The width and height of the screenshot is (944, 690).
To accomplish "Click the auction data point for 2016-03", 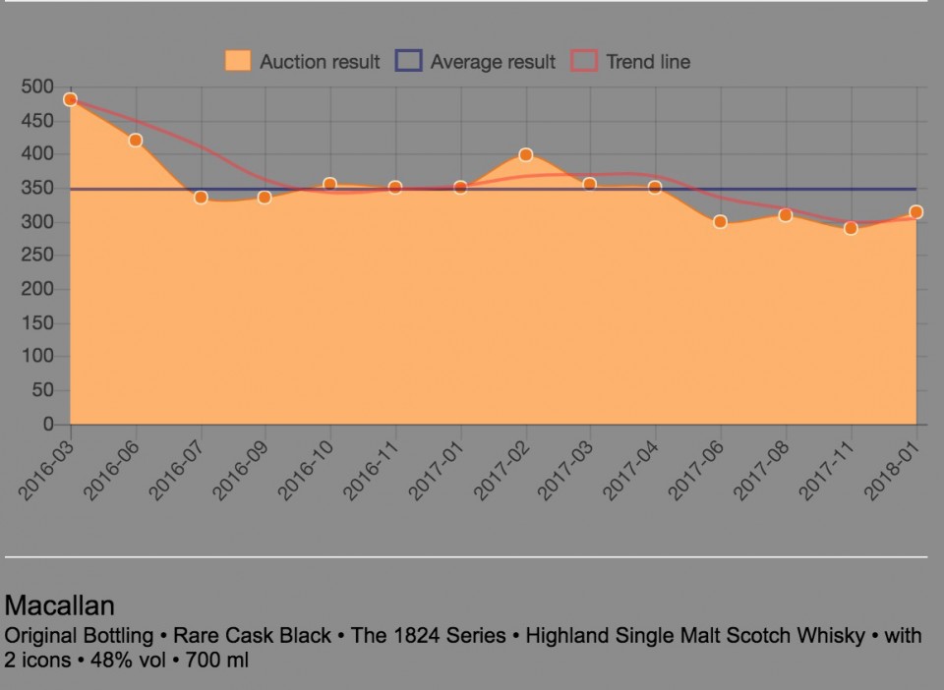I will coord(70,99).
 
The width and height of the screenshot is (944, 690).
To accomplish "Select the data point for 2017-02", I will coord(525,154).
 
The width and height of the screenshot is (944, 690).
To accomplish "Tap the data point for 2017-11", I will coord(851,228).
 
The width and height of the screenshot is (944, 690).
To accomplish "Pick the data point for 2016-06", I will coord(136,141).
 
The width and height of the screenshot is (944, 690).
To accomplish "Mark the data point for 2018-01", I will coord(915,212).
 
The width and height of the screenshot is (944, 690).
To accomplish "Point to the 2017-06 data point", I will coord(720,222).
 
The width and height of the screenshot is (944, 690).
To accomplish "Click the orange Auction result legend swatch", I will coord(237,61).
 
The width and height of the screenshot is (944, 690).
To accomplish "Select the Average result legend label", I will coord(493,62).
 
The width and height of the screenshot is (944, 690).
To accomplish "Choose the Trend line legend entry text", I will coord(648,62).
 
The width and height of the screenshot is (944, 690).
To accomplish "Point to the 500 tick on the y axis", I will coord(36,86).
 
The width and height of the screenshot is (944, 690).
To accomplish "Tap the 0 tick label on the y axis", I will coord(47,425).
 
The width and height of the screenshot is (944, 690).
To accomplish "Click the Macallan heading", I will coord(60,604).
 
